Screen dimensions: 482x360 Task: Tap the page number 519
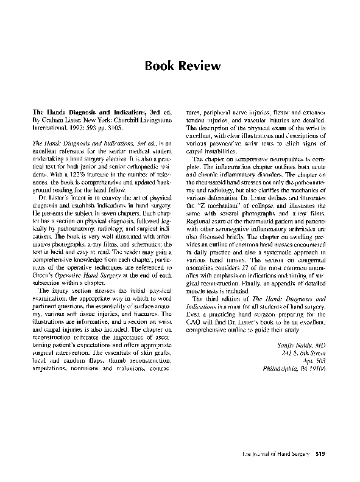[x=322, y=453]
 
